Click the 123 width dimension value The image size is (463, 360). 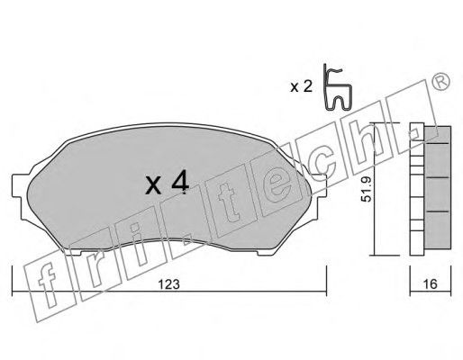(x=169, y=284)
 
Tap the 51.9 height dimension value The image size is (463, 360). (x=367, y=189)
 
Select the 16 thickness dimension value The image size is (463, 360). (x=431, y=283)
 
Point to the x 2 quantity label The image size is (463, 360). (x=302, y=87)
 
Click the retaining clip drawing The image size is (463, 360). (x=338, y=87)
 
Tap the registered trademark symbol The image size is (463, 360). (x=440, y=81)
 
